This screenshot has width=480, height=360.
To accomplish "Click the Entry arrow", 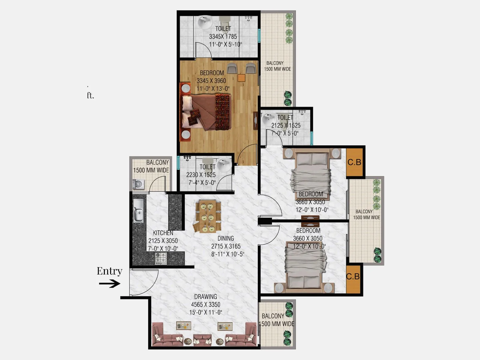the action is tap(109, 284).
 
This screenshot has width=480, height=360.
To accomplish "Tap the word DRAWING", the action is tap(205, 297).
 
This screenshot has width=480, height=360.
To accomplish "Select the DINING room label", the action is tap(226, 238).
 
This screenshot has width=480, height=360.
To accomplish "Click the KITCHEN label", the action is tap(163, 233).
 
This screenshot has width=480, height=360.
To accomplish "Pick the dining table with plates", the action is tap(207, 216).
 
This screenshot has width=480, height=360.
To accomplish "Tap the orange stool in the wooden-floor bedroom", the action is tap(241, 78).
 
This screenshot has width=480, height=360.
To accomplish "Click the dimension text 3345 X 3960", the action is tap(211, 81).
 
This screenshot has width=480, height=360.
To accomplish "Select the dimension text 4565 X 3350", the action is tap(205, 304).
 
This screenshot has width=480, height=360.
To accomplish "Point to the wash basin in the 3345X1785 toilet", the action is tap(205, 22).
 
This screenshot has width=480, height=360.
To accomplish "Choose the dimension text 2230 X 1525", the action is tap(201, 175).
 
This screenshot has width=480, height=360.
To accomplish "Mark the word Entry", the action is tap(109, 271).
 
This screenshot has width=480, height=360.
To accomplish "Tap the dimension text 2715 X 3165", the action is tap(226, 246).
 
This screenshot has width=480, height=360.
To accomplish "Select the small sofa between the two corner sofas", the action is tap(202, 340).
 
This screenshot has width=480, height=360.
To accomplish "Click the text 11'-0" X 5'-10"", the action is tap(225, 44).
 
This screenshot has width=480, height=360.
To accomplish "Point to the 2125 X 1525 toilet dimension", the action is tap(286, 125).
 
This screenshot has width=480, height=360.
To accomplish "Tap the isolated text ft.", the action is tap(90, 95).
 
